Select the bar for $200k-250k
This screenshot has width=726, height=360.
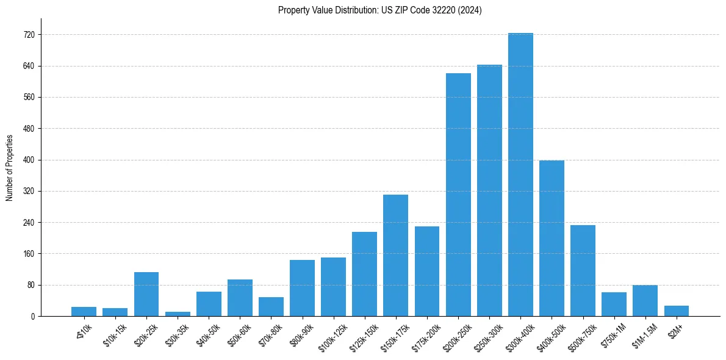(458, 195)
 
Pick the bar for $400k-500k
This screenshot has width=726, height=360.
(552, 238)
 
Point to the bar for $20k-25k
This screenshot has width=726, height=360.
(146, 294)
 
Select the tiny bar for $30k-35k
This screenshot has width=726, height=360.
(178, 314)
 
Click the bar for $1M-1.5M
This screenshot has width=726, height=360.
(645, 301)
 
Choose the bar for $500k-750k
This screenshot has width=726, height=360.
(583, 271)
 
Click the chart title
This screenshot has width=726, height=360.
(379, 10)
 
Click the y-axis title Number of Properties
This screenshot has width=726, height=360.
(10, 167)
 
